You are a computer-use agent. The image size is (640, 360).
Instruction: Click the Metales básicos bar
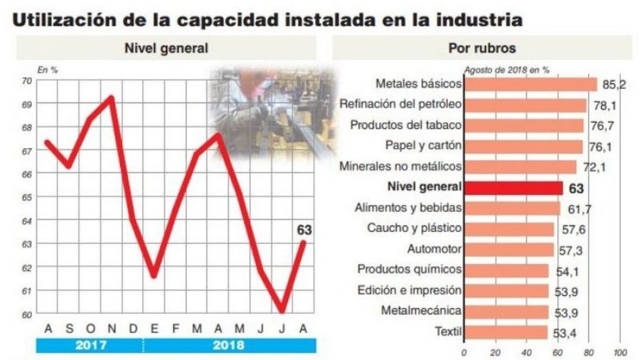point(530,84)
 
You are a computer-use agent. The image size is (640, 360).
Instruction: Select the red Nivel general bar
point(513,187)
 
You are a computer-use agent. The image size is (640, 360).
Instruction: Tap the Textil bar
point(506,332)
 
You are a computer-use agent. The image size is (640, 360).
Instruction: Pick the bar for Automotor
point(508,249)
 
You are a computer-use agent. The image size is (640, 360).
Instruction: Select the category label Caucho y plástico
point(414,228)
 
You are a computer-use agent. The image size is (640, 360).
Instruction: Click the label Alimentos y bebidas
point(408,208)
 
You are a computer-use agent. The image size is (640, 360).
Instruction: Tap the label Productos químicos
point(410,270)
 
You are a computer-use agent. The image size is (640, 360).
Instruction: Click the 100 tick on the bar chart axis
point(619,352)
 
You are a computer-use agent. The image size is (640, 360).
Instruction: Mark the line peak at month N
point(111,97)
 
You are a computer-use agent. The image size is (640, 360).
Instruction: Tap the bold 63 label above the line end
point(304,230)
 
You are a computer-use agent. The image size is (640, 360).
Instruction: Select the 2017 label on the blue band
point(90,346)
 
